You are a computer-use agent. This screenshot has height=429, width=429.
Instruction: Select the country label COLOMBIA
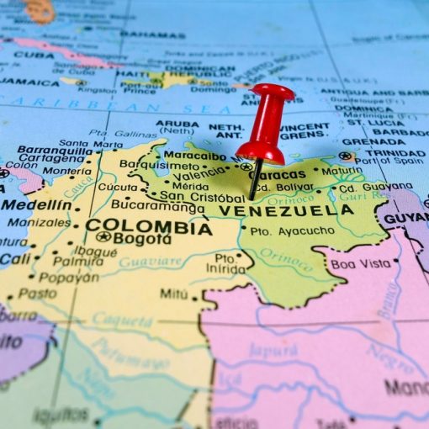pos(148,226)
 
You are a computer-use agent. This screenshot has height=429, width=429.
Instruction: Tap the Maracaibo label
pos(194,156)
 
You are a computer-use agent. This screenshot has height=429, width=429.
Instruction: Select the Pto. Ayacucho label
pos(280,230)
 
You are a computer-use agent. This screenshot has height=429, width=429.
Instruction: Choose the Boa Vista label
pos(360,263)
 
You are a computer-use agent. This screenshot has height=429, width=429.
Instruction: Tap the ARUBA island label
pos(177,124)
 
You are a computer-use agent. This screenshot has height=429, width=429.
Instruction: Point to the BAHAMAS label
pos(152,34)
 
